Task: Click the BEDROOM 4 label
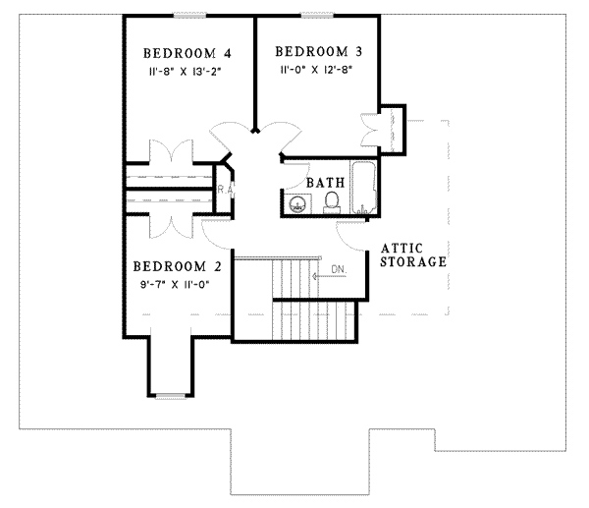click(x=187, y=54)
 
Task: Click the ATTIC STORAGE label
click(x=413, y=255)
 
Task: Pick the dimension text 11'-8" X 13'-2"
click(x=187, y=73)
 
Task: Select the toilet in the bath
click(x=332, y=202)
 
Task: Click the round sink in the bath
click(x=297, y=204)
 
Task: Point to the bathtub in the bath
click(x=363, y=187)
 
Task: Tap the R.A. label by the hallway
click(x=223, y=189)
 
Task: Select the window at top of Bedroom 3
click(x=316, y=15)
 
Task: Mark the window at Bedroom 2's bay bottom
click(x=171, y=395)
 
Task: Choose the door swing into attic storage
click(x=350, y=234)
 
